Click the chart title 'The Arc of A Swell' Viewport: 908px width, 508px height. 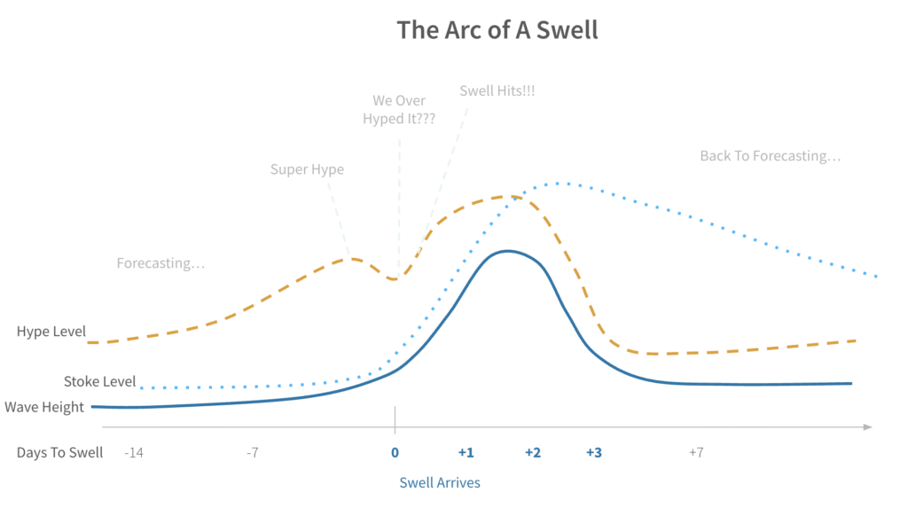(x=497, y=29)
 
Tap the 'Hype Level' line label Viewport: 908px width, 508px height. (x=51, y=332)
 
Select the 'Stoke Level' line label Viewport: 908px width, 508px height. (x=100, y=382)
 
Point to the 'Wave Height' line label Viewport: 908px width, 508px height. (x=44, y=407)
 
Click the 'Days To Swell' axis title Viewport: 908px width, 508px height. (x=59, y=452)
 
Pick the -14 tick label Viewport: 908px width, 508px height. (x=134, y=452)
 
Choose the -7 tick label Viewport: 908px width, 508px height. (x=253, y=452)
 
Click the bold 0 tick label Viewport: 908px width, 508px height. (x=395, y=452)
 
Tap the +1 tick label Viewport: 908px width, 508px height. (x=466, y=452)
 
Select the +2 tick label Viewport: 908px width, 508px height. (x=532, y=452)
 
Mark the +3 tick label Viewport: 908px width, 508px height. (x=593, y=452)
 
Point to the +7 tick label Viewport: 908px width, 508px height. (x=696, y=452)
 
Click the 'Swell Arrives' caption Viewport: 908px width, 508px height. (x=440, y=482)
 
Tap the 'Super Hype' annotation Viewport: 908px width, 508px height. (x=307, y=168)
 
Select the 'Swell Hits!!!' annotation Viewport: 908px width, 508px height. (x=497, y=91)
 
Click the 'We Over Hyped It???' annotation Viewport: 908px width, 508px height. (x=399, y=110)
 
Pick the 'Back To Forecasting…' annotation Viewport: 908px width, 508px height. (x=770, y=156)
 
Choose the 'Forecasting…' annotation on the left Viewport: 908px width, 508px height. (x=160, y=263)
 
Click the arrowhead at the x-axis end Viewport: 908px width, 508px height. (x=867, y=427)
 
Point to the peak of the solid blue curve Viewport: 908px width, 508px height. (x=507, y=251)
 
